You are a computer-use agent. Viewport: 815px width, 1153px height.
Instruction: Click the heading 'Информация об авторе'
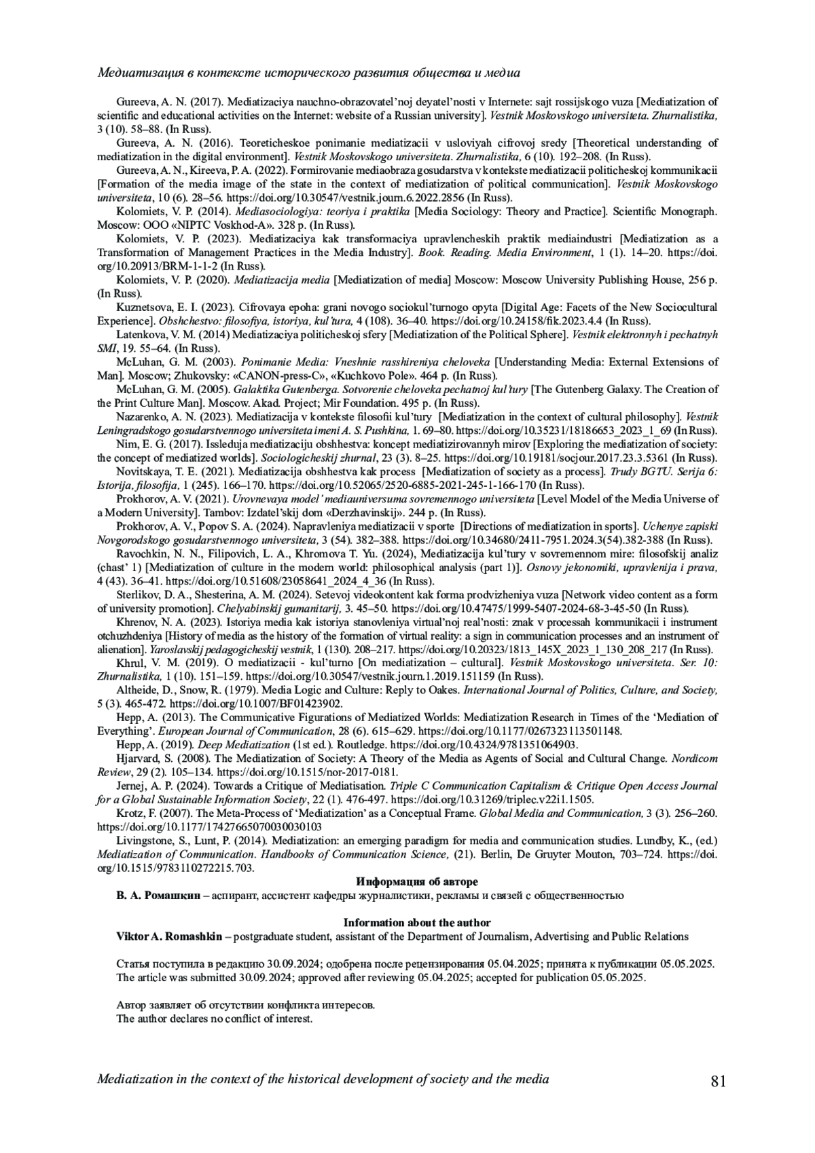(416, 881)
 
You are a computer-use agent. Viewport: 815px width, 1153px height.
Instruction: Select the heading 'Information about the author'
(416, 922)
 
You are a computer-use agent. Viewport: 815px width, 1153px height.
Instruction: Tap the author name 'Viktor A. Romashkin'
(168, 936)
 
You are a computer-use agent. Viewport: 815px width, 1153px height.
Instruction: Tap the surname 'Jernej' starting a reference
(132, 786)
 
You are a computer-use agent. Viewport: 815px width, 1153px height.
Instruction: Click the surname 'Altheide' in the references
(138, 690)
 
